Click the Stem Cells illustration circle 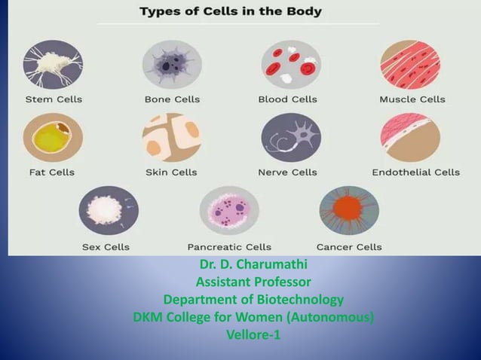[x=52, y=66]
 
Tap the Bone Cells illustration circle [x=172, y=66]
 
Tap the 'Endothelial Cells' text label [x=415, y=172]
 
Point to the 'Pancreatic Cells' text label [x=229, y=247]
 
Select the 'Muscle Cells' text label [x=412, y=99]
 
